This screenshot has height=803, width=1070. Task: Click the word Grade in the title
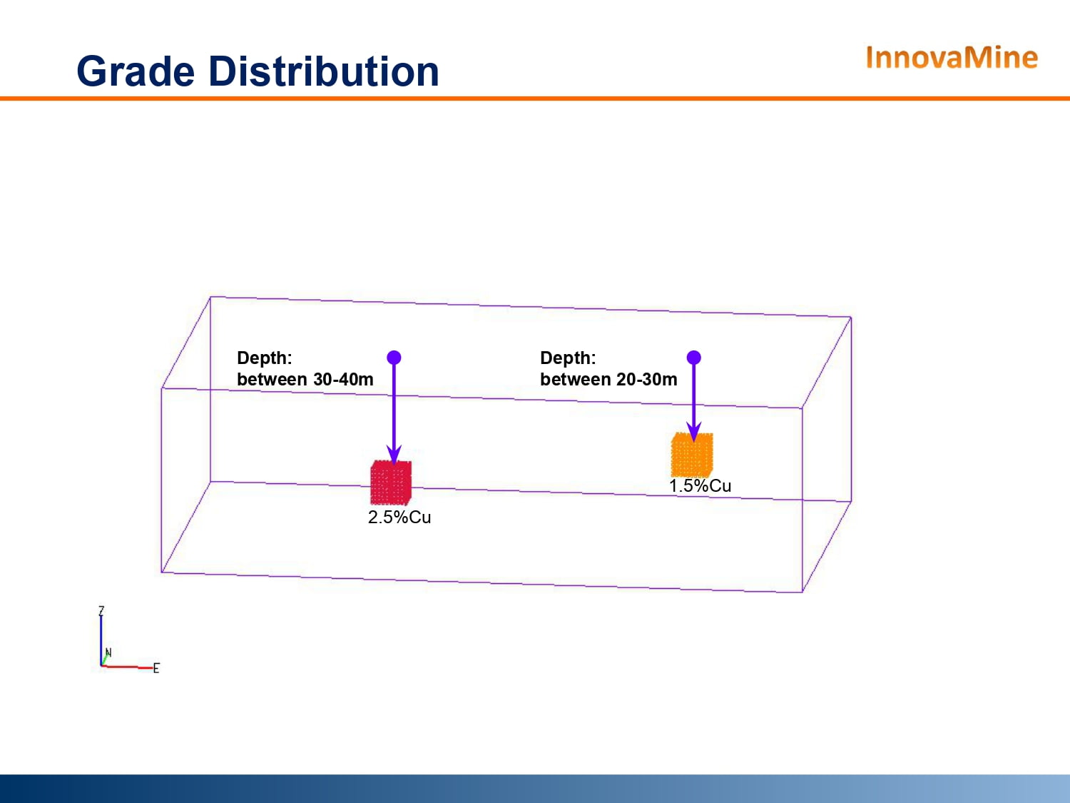pyautogui.click(x=136, y=71)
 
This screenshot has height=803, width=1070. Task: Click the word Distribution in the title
pyautogui.click(x=324, y=71)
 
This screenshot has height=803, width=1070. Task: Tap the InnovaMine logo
pyautogui.click(x=952, y=58)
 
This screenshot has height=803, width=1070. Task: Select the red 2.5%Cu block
pyautogui.click(x=390, y=483)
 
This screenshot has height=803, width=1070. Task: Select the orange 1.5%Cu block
pyautogui.click(x=692, y=455)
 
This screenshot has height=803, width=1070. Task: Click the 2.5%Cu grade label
pyautogui.click(x=399, y=517)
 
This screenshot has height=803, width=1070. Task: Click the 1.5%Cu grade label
pyautogui.click(x=700, y=486)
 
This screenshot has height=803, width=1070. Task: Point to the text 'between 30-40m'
pyautogui.click(x=305, y=379)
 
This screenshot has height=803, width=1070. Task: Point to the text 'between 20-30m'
pyautogui.click(x=608, y=379)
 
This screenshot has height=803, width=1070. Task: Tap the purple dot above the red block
pyautogui.click(x=394, y=358)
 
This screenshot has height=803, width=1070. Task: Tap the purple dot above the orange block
pyautogui.click(x=693, y=358)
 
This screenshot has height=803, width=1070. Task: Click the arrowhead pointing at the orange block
pyautogui.click(x=693, y=431)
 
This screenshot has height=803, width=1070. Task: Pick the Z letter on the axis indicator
pyautogui.click(x=101, y=611)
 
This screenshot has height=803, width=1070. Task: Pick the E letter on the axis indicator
pyautogui.click(x=156, y=668)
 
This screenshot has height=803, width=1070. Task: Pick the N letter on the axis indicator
pyautogui.click(x=108, y=652)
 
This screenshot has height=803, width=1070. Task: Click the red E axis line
pyautogui.click(x=127, y=667)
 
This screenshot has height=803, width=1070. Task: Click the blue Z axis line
pyautogui.click(x=101, y=641)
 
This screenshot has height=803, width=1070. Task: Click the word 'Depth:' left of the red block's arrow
pyautogui.click(x=264, y=358)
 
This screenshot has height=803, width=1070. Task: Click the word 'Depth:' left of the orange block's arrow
pyautogui.click(x=568, y=358)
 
